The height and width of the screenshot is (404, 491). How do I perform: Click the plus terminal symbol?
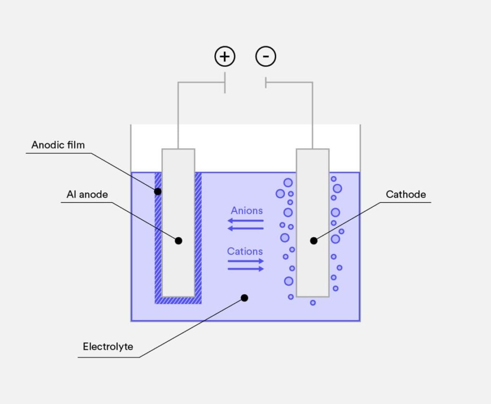tap(224, 57)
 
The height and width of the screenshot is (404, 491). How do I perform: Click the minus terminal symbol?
tap(266, 57)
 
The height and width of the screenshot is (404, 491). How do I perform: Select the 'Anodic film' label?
tap(58, 145)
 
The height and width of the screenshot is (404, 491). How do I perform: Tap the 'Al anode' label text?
tap(87, 194)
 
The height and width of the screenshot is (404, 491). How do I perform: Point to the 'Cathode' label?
tap(406, 194)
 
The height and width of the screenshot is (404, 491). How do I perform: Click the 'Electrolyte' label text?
tap(108, 347)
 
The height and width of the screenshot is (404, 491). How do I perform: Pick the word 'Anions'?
tap(246, 211)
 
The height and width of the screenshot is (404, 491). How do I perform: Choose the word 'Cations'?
tap(245, 251)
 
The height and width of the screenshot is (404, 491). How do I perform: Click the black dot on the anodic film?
tap(158, 191)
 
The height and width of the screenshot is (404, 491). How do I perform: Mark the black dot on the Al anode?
tap(178, 240)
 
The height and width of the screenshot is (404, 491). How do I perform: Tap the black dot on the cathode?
tap(314, 240)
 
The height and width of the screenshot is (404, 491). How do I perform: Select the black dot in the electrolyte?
tap(245, 298)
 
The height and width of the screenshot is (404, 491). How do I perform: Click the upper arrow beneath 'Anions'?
tap(245, 221)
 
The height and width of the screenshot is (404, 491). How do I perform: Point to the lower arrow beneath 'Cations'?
tap(245, 269)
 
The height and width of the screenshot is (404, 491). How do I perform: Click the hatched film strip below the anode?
tap(178, 300)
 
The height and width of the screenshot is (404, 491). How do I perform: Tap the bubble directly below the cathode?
tap(313, 303)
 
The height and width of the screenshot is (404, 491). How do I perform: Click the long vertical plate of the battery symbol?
tap(225, 82)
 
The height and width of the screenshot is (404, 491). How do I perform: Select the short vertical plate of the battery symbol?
tap(266, 82)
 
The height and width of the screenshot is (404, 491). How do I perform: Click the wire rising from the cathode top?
tap(313, 120)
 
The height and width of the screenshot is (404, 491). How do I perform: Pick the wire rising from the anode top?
tap(178, 120)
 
